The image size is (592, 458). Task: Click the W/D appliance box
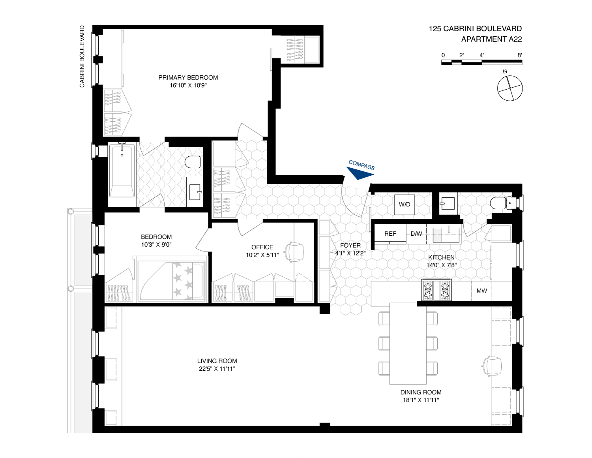(x=405, y=205)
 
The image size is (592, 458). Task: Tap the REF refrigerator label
(x=390, y=234)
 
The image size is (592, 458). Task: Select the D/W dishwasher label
(x=416, y=234)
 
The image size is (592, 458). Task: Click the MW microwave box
(x=481, y=291)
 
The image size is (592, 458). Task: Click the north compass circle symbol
(x=510, y=88)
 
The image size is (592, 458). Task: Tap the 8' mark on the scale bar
(x=520, y=55)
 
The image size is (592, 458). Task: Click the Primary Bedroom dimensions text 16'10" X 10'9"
(x=188, y=85)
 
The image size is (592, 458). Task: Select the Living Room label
(x=217, y=361)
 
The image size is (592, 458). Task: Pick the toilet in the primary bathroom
(x=194, y=162)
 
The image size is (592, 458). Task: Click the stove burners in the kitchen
(x=437, y=290)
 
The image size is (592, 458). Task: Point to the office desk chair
(x=294, y=251)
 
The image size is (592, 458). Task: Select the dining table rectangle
(x=408, y=343)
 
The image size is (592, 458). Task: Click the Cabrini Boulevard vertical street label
(x=82, y=56)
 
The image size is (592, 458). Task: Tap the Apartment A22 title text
(x=491, y=39)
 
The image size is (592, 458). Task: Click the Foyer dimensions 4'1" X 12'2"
(x=350, y=253)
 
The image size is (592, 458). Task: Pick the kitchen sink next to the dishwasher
(x=446, y=235)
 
